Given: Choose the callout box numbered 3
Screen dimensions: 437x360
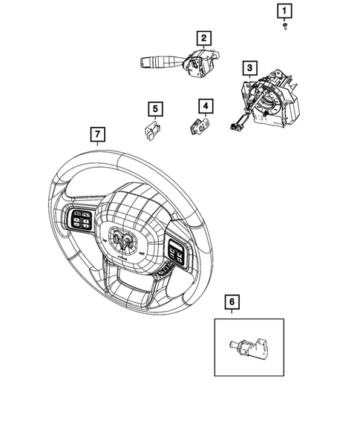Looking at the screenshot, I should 250,68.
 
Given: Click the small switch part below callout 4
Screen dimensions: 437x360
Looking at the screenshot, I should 199,127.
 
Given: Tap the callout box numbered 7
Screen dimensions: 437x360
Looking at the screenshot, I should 96,134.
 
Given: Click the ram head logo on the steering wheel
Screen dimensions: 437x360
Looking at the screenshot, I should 125,238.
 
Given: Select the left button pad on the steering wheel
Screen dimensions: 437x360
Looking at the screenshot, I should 80,221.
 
